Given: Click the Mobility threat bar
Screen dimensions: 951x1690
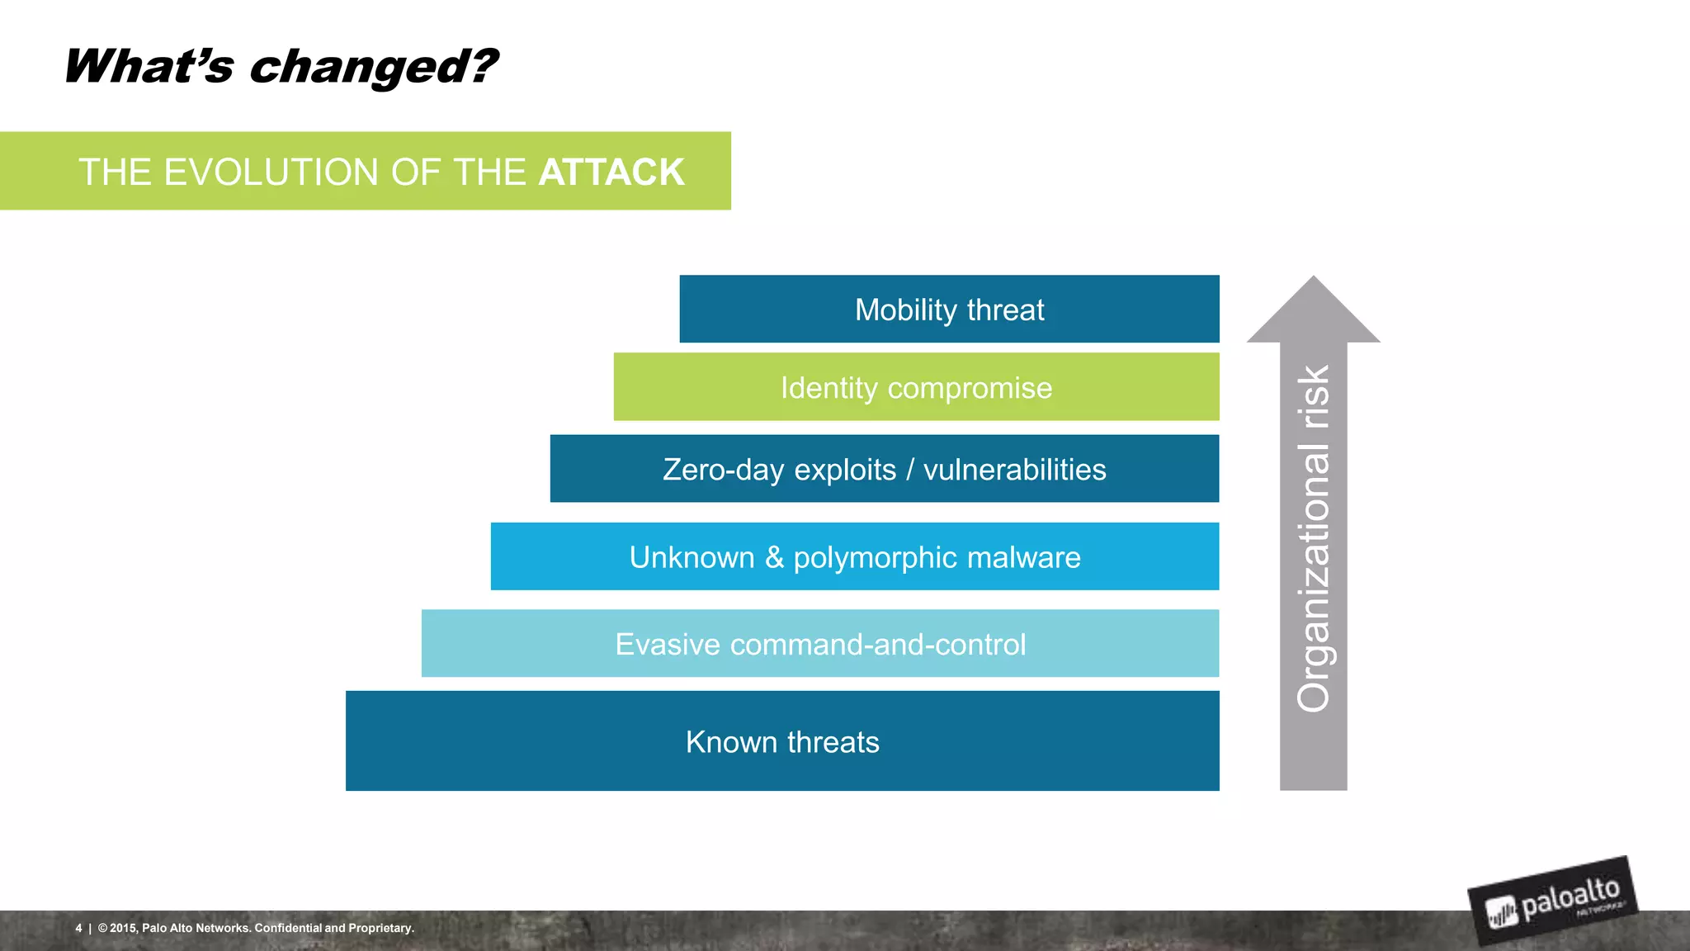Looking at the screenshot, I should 949,309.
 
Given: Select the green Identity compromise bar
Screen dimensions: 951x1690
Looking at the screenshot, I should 916,387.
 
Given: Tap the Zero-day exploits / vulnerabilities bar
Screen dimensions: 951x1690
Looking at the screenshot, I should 884,469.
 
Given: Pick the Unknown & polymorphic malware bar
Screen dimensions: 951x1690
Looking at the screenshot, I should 854,556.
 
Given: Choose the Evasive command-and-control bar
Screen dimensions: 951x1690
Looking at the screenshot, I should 819,644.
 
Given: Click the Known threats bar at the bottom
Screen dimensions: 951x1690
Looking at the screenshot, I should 781,741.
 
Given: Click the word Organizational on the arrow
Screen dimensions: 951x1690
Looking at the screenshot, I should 1314,578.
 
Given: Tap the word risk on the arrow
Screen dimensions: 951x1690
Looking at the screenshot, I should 1314,397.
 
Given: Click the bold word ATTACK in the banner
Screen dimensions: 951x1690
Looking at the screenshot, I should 611,172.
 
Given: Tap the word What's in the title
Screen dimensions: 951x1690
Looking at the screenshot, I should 149,66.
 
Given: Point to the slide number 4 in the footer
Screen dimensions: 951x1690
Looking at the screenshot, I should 78,928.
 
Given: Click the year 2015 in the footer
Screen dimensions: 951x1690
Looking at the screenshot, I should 123,928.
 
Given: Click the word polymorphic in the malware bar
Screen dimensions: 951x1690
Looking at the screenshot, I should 875,558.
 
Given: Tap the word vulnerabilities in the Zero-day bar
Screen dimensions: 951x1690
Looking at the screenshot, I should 1014,469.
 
